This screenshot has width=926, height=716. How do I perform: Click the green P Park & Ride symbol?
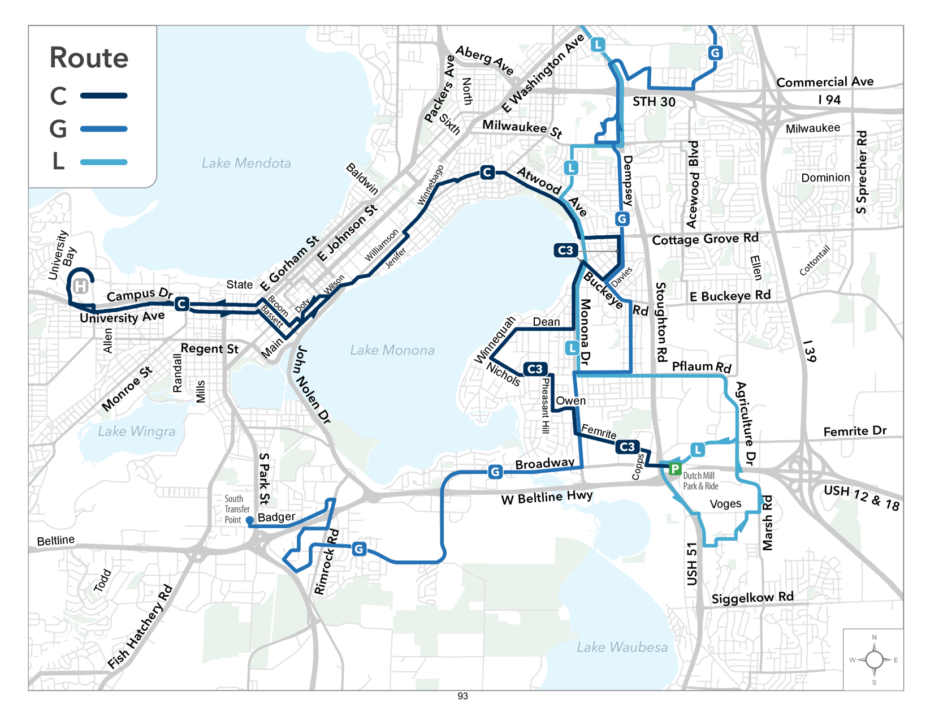coord(674,468)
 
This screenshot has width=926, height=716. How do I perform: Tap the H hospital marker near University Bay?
coord(81,286)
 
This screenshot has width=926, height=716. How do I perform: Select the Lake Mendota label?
coord(246,163)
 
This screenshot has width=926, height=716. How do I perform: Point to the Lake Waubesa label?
coord(622,647)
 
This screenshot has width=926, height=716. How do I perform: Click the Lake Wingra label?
coord(136,432)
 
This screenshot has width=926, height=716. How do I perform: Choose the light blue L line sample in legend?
coord(103,162)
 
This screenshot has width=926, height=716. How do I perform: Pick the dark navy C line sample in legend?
coord(103,96)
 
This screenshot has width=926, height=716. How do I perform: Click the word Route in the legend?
coord(89,58)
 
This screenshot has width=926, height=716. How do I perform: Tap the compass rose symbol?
coord(874,659)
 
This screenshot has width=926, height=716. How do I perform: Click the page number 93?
coord(462,696)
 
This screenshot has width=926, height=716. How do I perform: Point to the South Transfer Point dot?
coord(249,520)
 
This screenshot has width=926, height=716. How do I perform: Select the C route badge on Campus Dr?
coord(181,304)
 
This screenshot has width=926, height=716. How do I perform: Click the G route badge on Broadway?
coord(495,472)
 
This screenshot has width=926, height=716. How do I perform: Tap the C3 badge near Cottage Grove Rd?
coord(565,250)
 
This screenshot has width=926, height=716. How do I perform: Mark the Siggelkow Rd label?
coord(752,598)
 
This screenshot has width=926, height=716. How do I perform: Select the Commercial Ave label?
coord(824,82)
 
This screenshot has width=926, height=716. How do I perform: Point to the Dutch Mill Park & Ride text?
coord(700,481)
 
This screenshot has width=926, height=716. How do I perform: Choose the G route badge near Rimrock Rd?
coord(359,549)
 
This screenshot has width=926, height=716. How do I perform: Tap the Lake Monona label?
coord(392,351)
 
